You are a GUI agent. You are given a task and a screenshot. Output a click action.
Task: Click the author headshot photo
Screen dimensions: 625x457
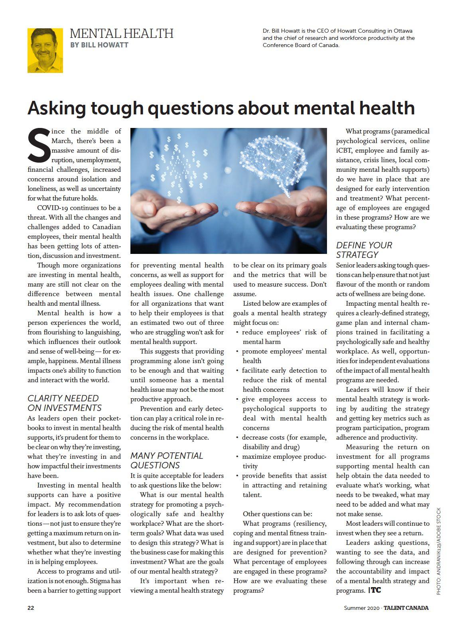click(45, 51)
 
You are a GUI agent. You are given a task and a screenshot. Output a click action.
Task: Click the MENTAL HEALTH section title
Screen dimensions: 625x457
click(121, 33)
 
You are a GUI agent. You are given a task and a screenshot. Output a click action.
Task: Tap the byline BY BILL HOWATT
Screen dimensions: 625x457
click(99, 45)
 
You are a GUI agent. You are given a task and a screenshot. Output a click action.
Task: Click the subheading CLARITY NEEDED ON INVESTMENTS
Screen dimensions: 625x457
click(64, 403)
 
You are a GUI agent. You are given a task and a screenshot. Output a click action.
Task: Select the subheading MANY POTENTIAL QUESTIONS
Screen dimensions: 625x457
click(167, 460)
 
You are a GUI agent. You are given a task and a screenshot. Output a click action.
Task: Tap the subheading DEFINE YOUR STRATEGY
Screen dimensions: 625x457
click(364, 250)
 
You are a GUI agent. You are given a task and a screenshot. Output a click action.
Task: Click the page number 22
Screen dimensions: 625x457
click(31, 608)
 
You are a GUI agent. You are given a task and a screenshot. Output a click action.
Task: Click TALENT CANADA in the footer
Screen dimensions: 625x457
click(406, 608)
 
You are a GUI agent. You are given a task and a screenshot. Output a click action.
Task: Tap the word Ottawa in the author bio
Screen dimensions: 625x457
click(403, 31)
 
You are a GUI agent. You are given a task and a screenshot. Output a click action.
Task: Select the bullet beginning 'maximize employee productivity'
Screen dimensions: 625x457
click(284, 461)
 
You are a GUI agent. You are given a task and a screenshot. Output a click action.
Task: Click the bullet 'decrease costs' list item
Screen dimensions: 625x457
click(284, 442)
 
